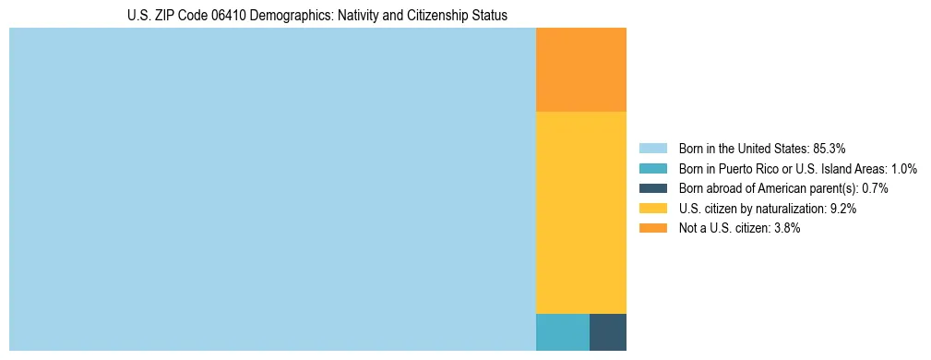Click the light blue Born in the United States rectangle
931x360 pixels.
pos(272,189)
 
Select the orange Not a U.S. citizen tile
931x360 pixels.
pos(581,69)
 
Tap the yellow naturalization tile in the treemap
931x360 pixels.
pos(581,212)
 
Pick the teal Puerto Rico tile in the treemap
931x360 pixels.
pos(563,332)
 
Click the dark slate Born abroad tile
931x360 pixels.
pos(608,332)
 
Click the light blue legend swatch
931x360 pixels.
pos(653,148)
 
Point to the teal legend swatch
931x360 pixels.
pos(653,168)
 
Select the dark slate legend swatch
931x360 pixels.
pos(653,188)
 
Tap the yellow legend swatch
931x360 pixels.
pos(653,209)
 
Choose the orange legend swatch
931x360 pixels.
pos(653,229)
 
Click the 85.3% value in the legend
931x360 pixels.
pos(830,148)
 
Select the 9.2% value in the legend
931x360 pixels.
pos(843,209)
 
